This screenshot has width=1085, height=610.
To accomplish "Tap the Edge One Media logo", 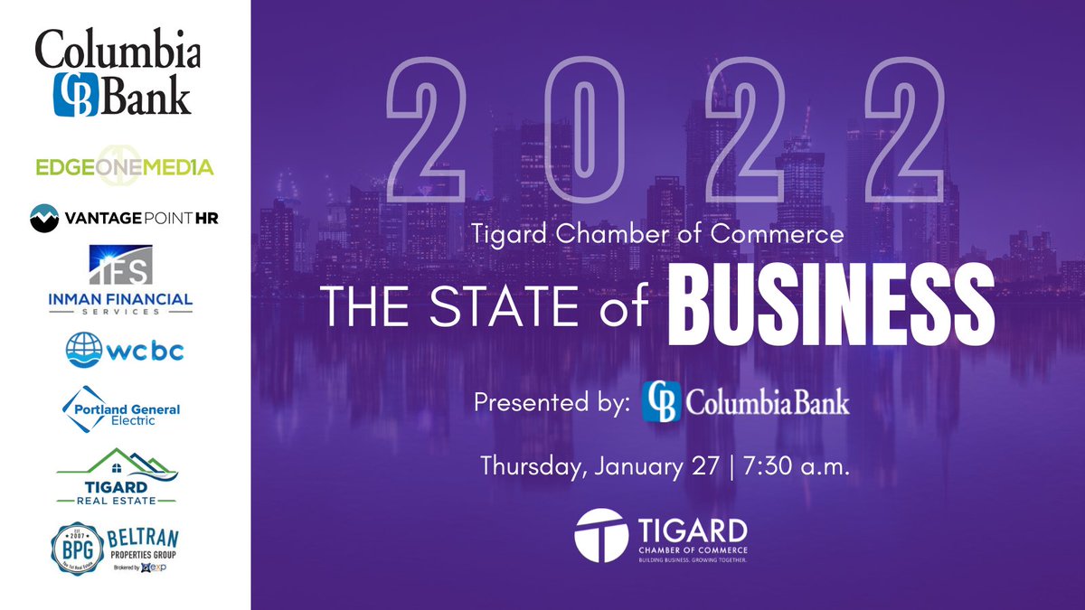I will pos(124,166).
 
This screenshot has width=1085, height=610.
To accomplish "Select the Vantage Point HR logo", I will pos(124,217).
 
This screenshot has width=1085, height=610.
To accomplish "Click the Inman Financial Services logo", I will pos(124,279).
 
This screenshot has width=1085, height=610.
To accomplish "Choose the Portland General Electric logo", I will pos(124,408).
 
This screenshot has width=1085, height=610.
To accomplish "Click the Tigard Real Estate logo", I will pos(117,475).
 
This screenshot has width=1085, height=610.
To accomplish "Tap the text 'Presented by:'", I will pos(552,402).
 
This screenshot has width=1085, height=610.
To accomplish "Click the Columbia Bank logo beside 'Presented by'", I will pos(746,401).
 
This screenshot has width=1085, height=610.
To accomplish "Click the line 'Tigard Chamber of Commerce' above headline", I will pos(657,235).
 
